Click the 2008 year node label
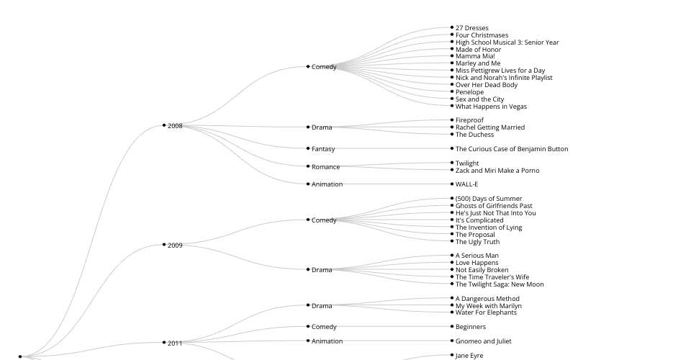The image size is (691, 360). pyautogui.click(x=175, y=126)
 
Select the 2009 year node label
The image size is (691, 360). pyautogui.click(x=175, y=246)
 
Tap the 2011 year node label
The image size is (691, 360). pyautogui.click(x=175, y=343)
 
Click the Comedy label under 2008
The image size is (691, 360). pyautogui.click(x=324, y=67)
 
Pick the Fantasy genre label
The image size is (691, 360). pyautogui.click(x=323, y=149)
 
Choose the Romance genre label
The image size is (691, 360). pyautogui.click(x=325, y=167)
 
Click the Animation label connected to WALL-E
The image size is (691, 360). pyautogui.click(x=327, y=184)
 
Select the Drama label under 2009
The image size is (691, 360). pyautogui.click(x=322, y=270)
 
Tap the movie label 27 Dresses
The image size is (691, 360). pyautogui.click(x=471, y=28)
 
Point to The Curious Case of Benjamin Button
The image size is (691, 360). pyautogui.click(x=512, y=149)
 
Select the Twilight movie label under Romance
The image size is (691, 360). pyautogui.click(x=467, y=163)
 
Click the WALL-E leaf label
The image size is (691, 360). pyautogui.click(x=466, y=184)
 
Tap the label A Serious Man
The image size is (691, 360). pyautogui.click(x=477, y=256)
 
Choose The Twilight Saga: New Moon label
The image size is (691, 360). pyautogui.click(x=500, y=284)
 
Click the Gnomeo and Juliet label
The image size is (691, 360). pyautogui.click(x=483, y=341)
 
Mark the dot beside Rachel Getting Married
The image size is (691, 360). pyautogui.click(x=452, y=127)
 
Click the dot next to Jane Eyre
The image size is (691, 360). pyautogui.click(x=452, y=355)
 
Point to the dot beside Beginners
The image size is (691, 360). pyautogui.click(x=452, y=326)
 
